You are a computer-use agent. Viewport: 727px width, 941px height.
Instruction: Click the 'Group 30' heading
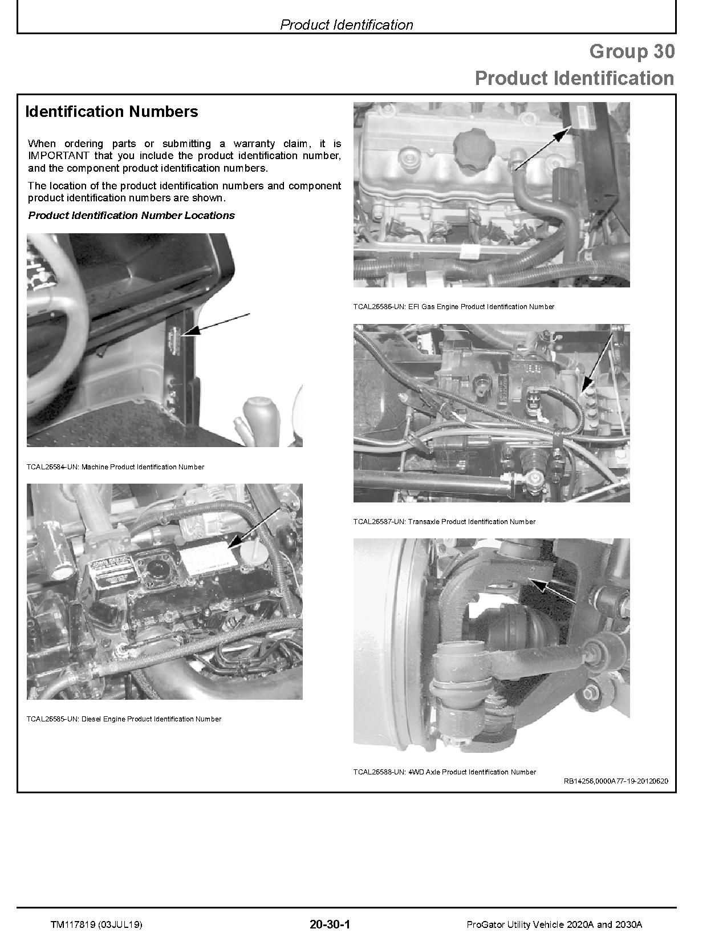[x=631, y=51]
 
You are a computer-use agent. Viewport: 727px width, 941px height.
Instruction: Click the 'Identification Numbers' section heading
[x=112, y=112]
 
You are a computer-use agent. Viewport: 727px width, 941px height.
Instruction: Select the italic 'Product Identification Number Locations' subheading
[x=131, y=216]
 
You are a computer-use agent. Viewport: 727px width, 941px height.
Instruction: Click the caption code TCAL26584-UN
[x=52, y=467]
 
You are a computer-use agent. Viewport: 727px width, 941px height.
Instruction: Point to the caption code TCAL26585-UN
[x=52, y=719]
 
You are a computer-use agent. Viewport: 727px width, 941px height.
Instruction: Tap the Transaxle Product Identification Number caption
[x=472, y=522]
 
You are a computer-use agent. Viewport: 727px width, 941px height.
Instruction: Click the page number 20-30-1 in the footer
[x=330, y=924]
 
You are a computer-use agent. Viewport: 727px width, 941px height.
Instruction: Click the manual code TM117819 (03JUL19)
[x=96, y=924]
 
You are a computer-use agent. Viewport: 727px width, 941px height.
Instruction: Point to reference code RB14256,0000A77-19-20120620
[x=616, y=782]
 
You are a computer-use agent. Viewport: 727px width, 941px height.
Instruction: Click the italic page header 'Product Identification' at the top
[x=346, y=25]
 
